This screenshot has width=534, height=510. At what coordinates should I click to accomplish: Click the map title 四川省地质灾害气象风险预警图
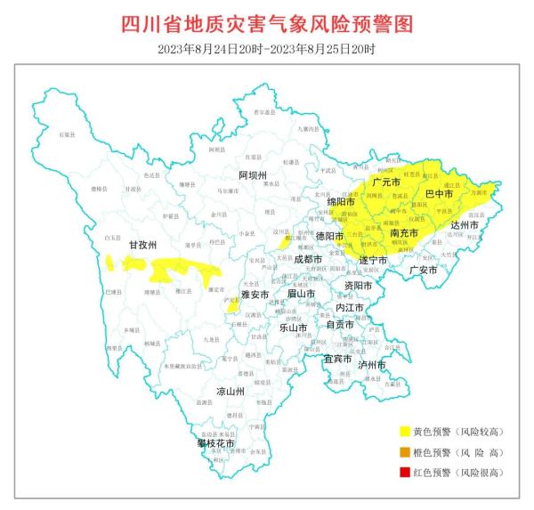tap(267, 23)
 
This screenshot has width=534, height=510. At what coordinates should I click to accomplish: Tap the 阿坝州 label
tap(253, 175)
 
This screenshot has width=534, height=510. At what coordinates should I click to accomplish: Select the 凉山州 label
tap(231, 391)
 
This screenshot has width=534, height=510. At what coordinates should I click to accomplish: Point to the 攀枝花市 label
tap(215, 442)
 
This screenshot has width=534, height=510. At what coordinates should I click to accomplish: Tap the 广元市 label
tap(385, 182)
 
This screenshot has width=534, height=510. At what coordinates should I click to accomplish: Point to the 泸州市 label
tap(371, 365)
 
